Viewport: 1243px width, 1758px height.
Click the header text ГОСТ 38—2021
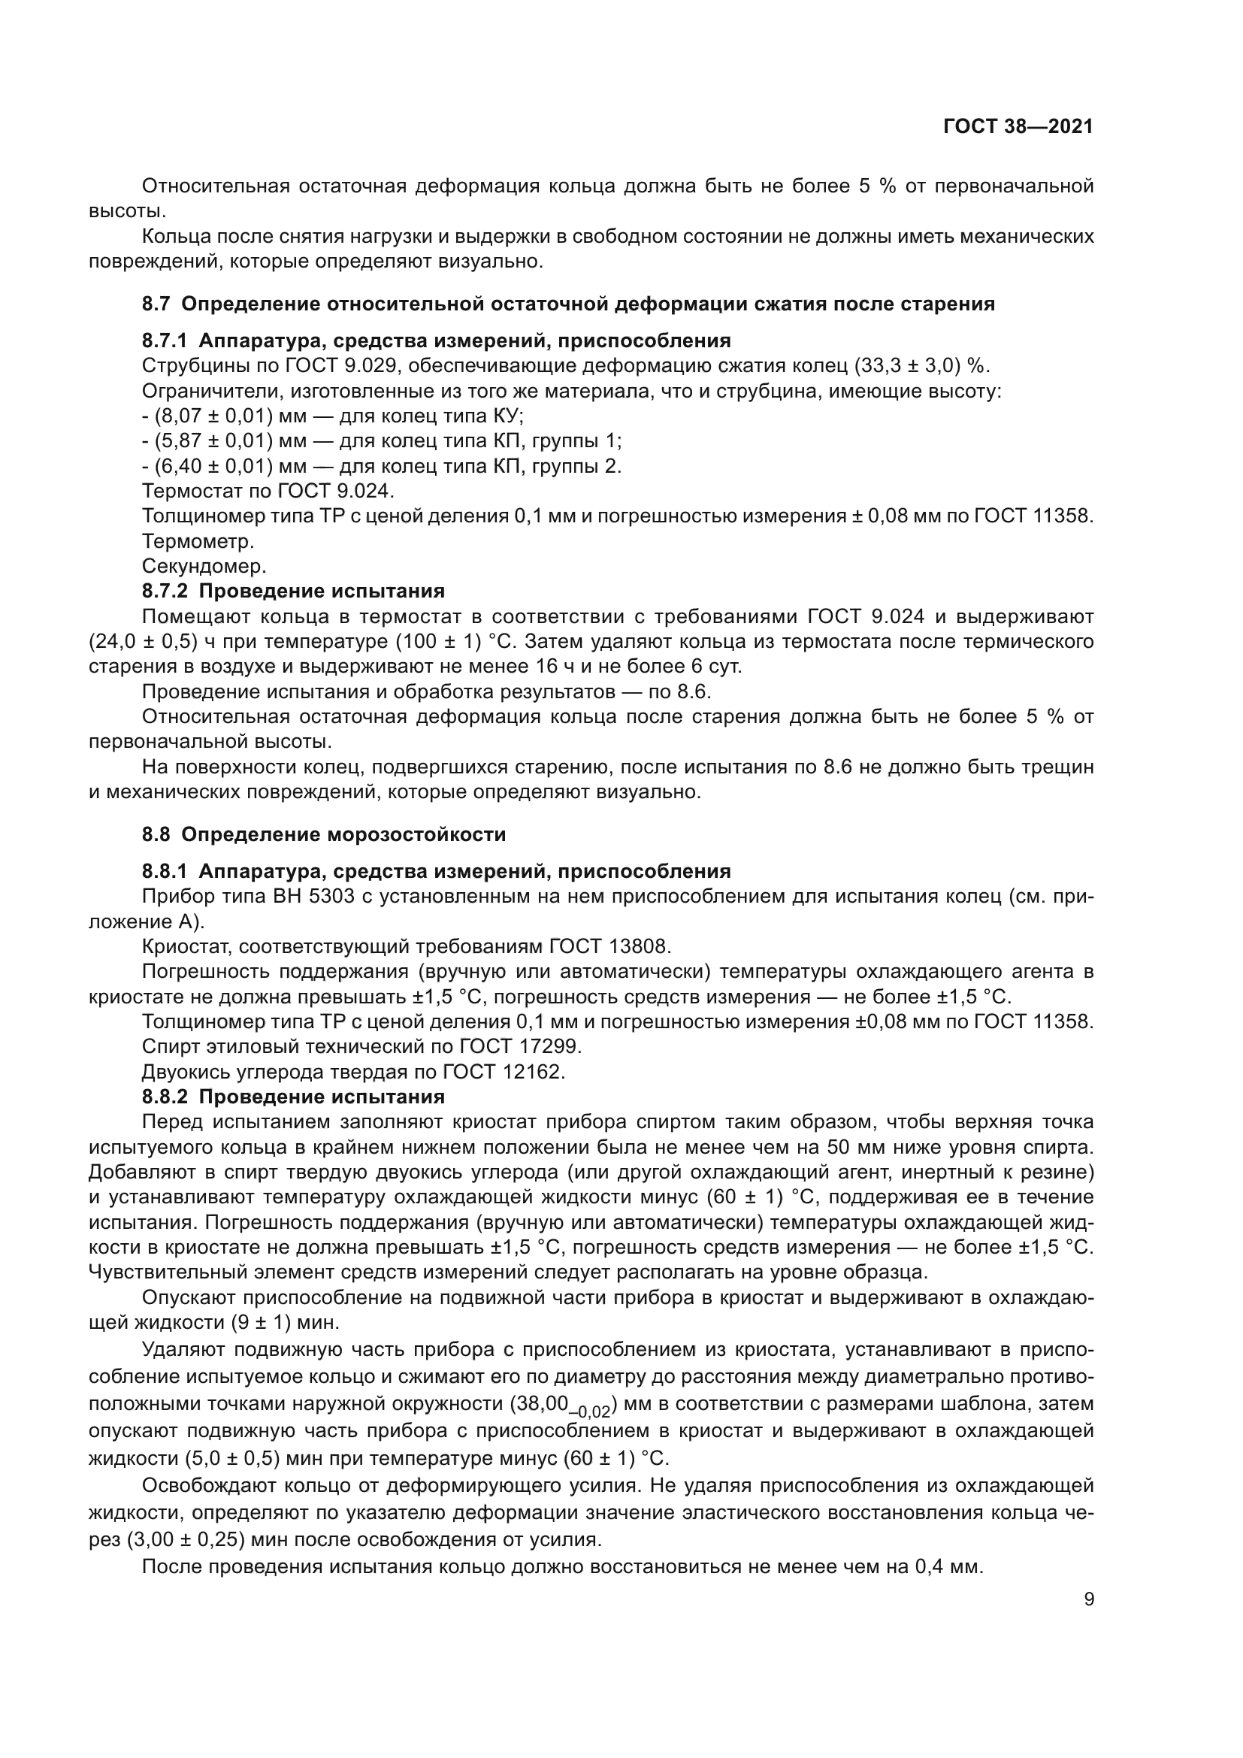[1018, 127]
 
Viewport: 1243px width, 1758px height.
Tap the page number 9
[1089, 1599]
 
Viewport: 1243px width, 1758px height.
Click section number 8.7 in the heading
[156, 304]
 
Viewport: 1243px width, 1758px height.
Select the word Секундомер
[204, 567]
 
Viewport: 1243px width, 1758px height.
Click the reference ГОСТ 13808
[609, 947]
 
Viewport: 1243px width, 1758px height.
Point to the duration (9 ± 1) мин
[274, 1322]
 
